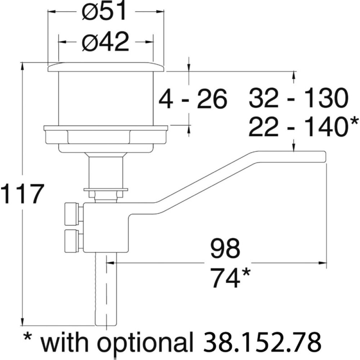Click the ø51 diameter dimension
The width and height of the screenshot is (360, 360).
(x=104, y=12)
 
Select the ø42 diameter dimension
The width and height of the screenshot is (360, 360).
(x=105, y=42)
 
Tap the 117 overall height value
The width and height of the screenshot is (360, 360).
(x=22, y=194)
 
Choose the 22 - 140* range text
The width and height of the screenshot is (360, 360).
(x=303, y=126)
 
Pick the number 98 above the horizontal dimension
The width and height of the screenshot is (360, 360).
(x=225, y=248)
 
